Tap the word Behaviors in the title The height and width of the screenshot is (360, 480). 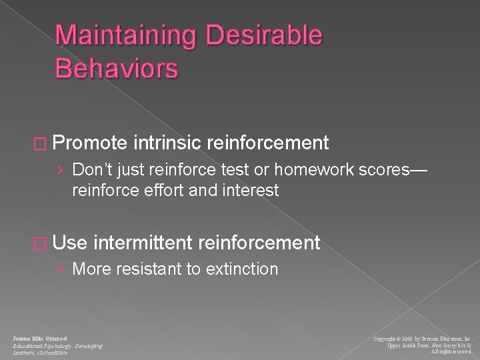117,68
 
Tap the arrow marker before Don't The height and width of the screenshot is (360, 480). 61,170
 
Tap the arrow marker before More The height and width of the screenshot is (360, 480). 61,269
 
